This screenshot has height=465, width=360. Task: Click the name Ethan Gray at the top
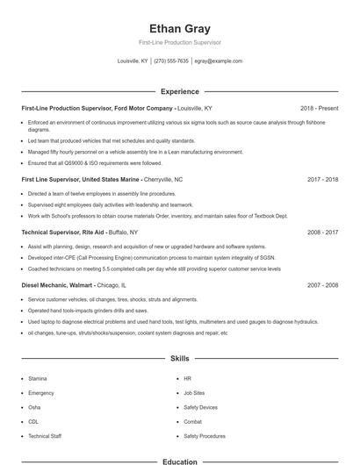[179, 28]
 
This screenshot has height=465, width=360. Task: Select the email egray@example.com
[218, 61]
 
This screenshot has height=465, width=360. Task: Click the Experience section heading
[179, 91]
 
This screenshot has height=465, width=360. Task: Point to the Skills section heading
[179, 359]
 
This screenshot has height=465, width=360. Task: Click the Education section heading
[179, 461]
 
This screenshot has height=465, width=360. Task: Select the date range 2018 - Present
[319, 108]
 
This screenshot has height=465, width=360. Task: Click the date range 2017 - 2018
[322, 179]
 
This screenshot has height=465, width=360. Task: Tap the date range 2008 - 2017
[322, 232]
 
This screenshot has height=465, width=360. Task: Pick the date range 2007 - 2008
[322, 285]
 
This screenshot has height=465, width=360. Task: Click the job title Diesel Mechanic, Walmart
[57, 285]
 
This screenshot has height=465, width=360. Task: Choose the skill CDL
[33, 421]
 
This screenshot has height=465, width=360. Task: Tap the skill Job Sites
[195, 393]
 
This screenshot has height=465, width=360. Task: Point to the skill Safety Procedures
[205, 435]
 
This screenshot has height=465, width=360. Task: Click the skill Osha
[34, 407]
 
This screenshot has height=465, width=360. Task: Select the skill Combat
[192, 421]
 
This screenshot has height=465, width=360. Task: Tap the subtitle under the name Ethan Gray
[179, 42]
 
